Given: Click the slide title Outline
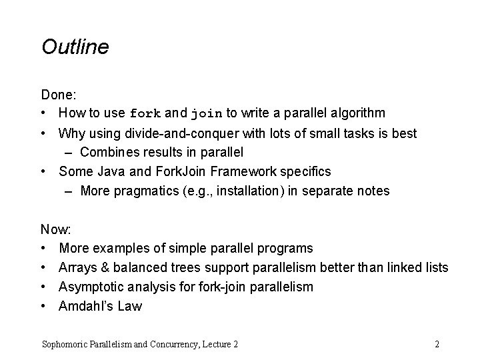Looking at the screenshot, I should (75, 47).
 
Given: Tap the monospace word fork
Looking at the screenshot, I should (145, 113).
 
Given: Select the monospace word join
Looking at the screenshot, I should (207, 113).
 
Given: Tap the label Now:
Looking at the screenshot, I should (56, 230).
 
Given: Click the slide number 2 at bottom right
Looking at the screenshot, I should (437, 345).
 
